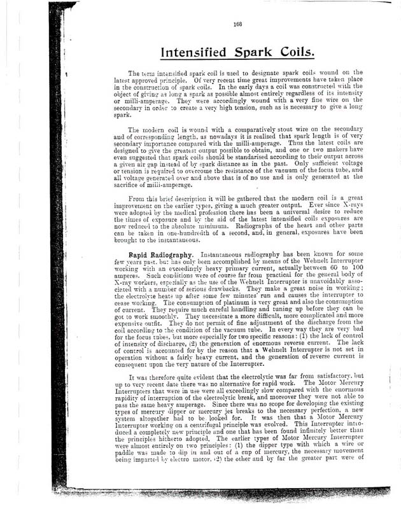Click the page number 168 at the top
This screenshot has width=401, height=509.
click(237, 25)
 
